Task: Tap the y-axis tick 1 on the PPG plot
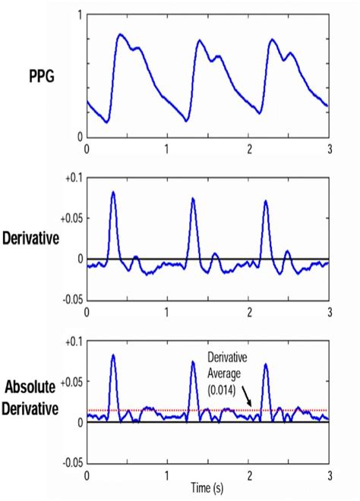tap(80, 16)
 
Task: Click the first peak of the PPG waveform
tap(120, 34)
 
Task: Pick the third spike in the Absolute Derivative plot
tap(266, 365)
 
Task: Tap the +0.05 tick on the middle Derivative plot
tap(70, 218)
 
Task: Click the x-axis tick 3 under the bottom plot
tap(329, 474)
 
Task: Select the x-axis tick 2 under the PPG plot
tap(249, 148)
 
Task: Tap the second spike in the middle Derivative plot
tap(193, 199)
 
